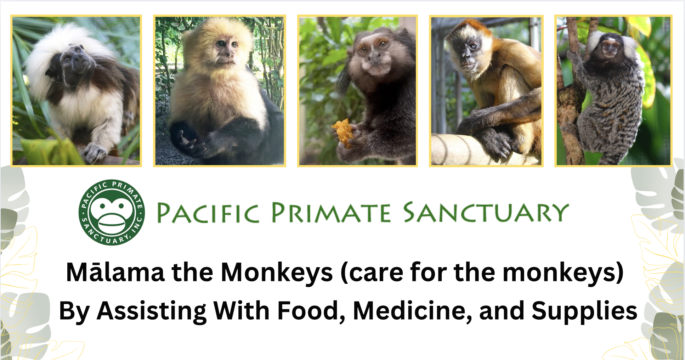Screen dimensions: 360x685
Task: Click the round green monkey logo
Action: (112, 212)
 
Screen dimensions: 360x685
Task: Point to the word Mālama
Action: (115, 272)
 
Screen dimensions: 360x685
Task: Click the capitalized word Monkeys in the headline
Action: (277, 272)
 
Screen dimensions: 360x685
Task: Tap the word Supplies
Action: (584, 311)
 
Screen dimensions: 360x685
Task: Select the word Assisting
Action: (152, 311)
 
